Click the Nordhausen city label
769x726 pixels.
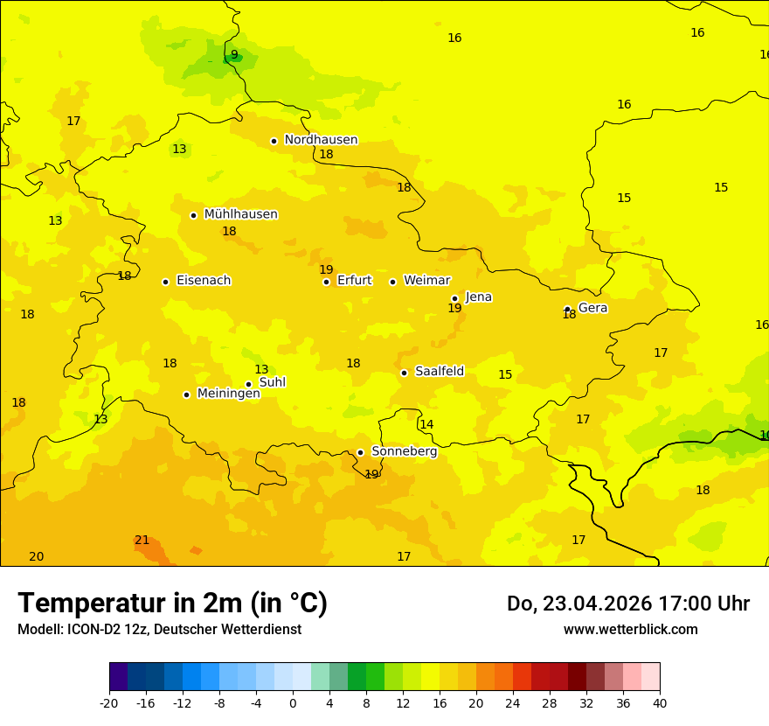point(321,140)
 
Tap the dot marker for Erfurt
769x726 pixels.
point(326,282)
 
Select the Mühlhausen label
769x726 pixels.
point(240,214)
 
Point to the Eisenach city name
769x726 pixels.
point(204,281)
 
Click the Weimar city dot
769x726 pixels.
point(392,282)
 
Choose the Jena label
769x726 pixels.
point(479,297)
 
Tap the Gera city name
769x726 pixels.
point(592,308)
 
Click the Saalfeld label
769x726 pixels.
point(440,372)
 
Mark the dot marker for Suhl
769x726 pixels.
point(248,384)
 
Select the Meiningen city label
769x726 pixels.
point(228,394)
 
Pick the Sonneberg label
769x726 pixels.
point(405,451)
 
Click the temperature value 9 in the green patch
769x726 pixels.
point(234,55)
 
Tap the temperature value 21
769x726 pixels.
point(142,541)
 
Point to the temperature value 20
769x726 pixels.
point(36,557)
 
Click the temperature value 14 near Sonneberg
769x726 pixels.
point(426,425)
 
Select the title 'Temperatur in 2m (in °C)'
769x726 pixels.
point(172,604)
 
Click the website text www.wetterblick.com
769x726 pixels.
point(630,630)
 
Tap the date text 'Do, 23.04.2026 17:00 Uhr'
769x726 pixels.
point(627,604)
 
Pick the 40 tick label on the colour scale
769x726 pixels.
point(659,702)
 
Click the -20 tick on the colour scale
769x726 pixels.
point(109,702)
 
